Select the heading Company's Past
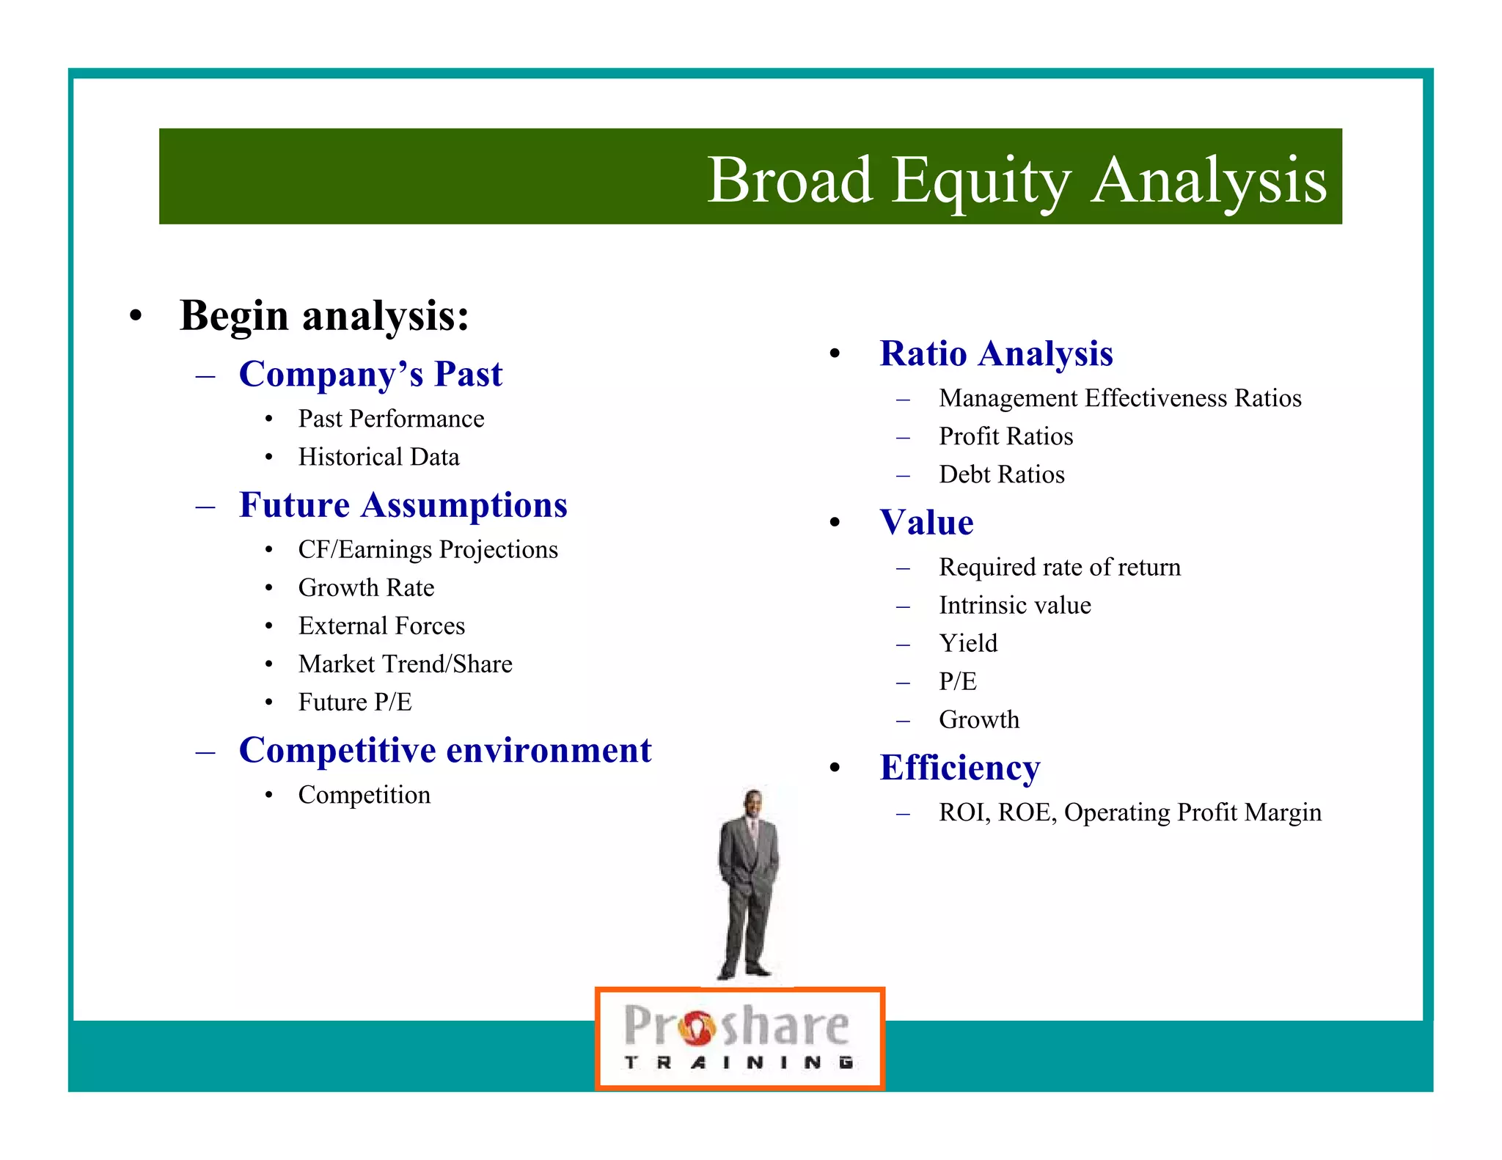pos(370,374)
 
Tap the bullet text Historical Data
pos(378,457)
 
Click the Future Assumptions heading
pos(403,505)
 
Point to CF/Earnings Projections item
pos(428,549)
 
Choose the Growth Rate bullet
pos(366,587)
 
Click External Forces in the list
pos(381,625)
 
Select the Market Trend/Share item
pos(405,664)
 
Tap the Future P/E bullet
pos(355,702)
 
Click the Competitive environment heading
pos(445,750)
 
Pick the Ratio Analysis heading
pos(996,353)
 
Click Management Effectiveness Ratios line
pos(1120,398)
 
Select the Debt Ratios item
pos(1001,474)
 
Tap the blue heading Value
pos(926,523)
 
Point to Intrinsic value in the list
pos(1014,605)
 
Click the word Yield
pos(968,643)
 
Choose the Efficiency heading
pos(959,768)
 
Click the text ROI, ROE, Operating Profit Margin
pos(1129,812)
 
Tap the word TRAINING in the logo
pos(739,1062)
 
